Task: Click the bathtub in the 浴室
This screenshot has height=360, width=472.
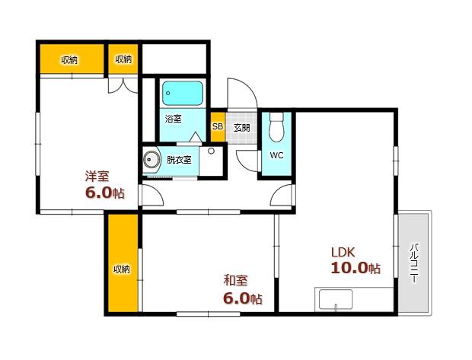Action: click(183, 93)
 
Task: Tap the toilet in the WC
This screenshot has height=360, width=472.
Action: click(276, 127)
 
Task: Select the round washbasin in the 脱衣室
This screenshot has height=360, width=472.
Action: click(150, 160)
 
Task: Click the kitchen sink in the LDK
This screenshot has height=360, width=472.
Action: click(336, 300)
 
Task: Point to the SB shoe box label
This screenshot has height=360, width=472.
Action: click(218, 126)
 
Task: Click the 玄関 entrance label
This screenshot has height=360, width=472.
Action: click(242, 128)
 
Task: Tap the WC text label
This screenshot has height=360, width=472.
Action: click(276, 155)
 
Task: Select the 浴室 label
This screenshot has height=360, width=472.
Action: click(174, 119)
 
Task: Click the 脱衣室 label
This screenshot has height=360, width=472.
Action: click(179, 160)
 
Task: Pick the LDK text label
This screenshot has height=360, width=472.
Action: click(343, 252)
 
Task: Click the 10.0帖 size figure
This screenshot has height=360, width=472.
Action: click(356, 268)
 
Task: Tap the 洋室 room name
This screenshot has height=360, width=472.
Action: click(97, 176)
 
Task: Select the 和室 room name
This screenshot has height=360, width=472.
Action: click(235, 280)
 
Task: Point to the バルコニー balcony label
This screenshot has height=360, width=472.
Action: click(415, 263)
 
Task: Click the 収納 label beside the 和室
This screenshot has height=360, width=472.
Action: click(122, 269)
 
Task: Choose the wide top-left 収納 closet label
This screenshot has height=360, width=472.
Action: click(69, 60)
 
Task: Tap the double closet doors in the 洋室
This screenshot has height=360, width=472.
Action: click(123, 85)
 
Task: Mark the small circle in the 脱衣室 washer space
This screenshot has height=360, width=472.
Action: click(211, 151)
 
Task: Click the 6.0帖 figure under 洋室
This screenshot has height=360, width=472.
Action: click(105, 193)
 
